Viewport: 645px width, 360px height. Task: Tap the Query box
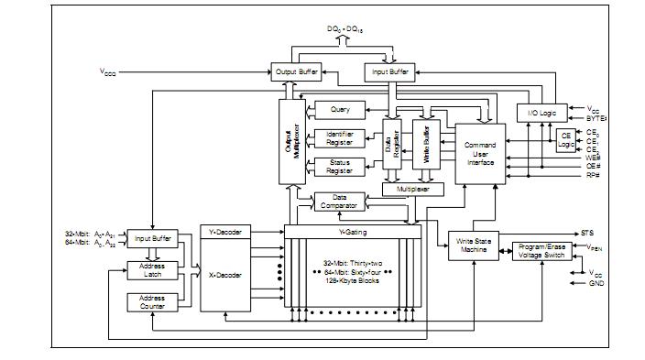(340, 110)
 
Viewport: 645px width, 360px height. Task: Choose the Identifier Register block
(340, 138)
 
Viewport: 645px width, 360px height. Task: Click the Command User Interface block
(480, 154)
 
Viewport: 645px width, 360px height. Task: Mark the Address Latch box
(152, 270)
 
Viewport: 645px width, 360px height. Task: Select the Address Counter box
(152, 302)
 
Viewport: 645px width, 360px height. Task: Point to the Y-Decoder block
(224, 233)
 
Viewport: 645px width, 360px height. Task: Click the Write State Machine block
(474, 247)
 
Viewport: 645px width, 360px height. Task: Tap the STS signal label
(586, 233)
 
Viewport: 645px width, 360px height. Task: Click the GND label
(596, 283)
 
